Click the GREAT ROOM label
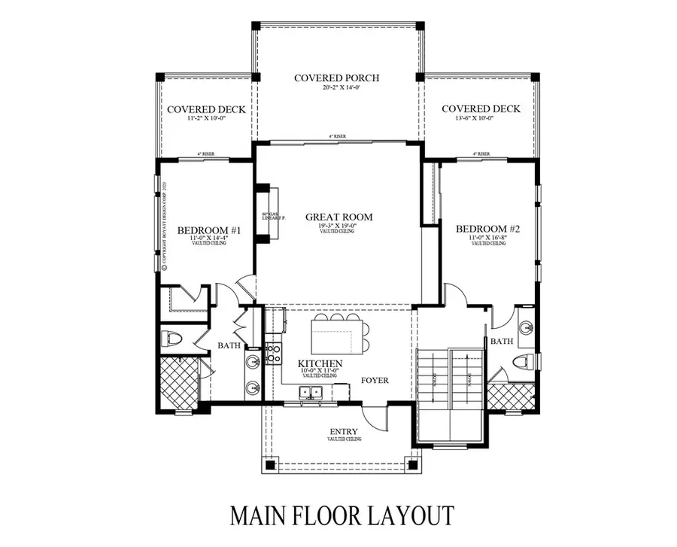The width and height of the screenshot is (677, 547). pyautogui.click(x=338, y=217)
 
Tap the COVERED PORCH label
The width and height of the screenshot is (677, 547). pyautogui.click(x=336, y=77)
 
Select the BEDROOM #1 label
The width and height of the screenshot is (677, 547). pyautogui.click(x=209, y=230)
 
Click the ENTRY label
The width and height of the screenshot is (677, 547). pyautogui.click(x=342, y=432)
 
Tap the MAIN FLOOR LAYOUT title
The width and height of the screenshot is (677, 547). pyautogui.click(x=342, y=515)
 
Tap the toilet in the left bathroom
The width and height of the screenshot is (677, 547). pyautogui.click(x=172, y=338)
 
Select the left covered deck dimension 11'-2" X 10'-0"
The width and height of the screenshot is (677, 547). pyautogui.click(x=206, y=119)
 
